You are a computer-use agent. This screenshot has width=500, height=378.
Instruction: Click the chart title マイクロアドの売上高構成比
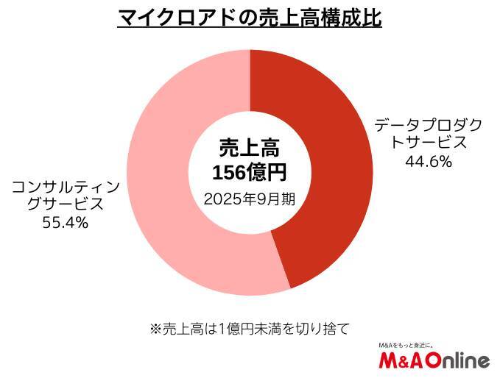(x=250, y=18)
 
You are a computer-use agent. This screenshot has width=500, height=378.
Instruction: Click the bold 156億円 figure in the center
(x=250, y=173)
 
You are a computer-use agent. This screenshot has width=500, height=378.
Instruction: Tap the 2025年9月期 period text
(x=250, y=199)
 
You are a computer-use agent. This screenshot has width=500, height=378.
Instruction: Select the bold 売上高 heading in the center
(x=250, y=147)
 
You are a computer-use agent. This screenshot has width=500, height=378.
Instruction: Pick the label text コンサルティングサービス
(x=67, y=194)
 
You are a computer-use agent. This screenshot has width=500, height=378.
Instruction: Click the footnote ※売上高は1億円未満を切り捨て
(x=250, y=328)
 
